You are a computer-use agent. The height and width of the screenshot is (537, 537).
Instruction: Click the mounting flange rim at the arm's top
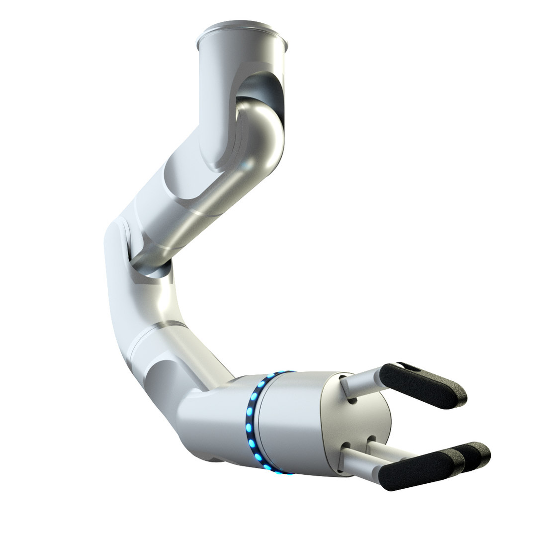(x=242, y=35)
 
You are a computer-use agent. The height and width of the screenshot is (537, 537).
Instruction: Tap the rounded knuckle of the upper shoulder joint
(x=264, y=134)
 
